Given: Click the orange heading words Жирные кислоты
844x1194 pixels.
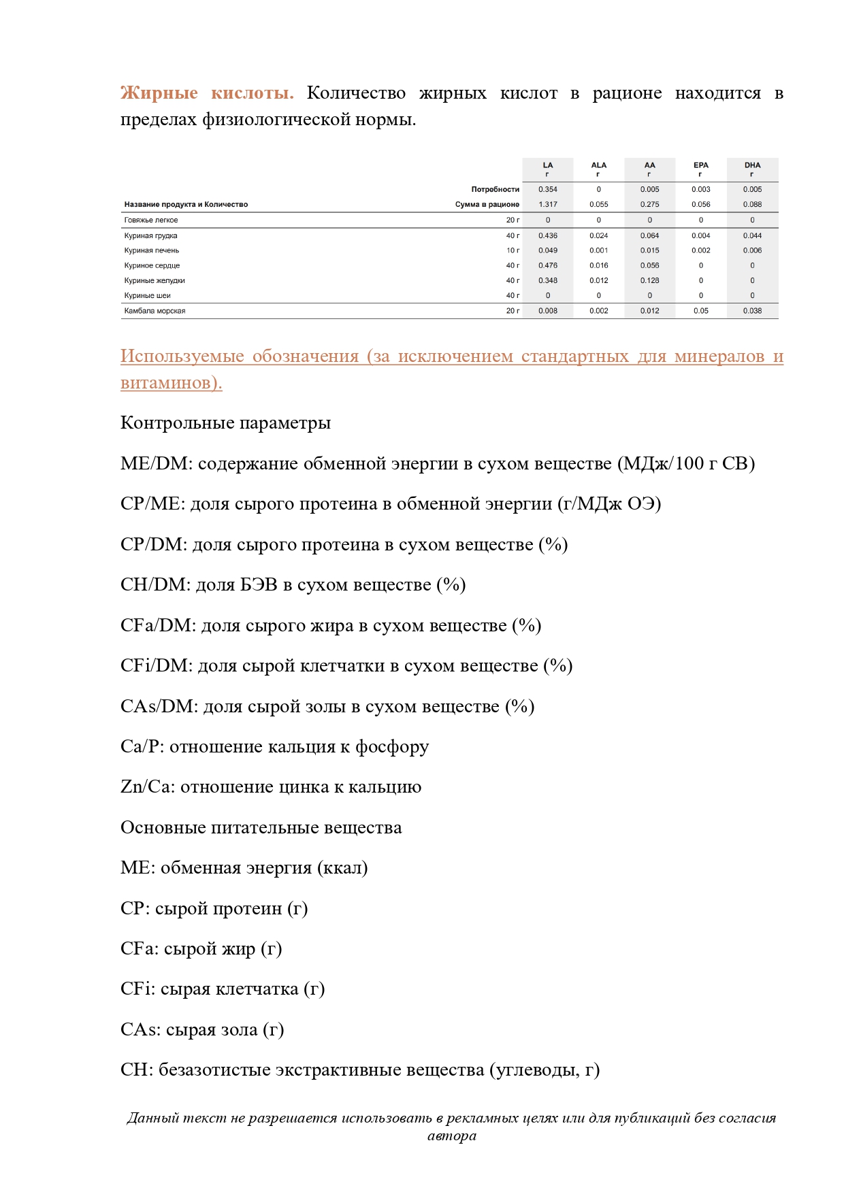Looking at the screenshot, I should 207,93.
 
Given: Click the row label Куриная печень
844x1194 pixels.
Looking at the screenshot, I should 152,250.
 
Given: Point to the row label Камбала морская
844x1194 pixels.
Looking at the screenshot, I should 155,311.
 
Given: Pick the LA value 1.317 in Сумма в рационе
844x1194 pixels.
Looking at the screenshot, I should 548,204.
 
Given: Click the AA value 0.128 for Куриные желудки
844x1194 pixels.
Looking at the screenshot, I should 649,280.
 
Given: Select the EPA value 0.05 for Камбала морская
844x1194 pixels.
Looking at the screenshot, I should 700,311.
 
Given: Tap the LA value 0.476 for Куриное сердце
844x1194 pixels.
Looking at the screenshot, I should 548,265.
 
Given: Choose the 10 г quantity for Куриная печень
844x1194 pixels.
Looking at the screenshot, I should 513,250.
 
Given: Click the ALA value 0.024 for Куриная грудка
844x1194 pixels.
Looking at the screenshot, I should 599,235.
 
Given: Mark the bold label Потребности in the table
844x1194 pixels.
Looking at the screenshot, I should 495,189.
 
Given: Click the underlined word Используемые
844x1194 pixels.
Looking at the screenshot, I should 182,356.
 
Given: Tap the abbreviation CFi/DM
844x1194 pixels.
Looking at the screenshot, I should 156,666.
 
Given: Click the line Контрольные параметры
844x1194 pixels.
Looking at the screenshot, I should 225,423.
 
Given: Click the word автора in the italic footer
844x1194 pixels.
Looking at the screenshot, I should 451,1135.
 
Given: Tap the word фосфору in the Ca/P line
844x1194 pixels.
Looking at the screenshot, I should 393,747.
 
